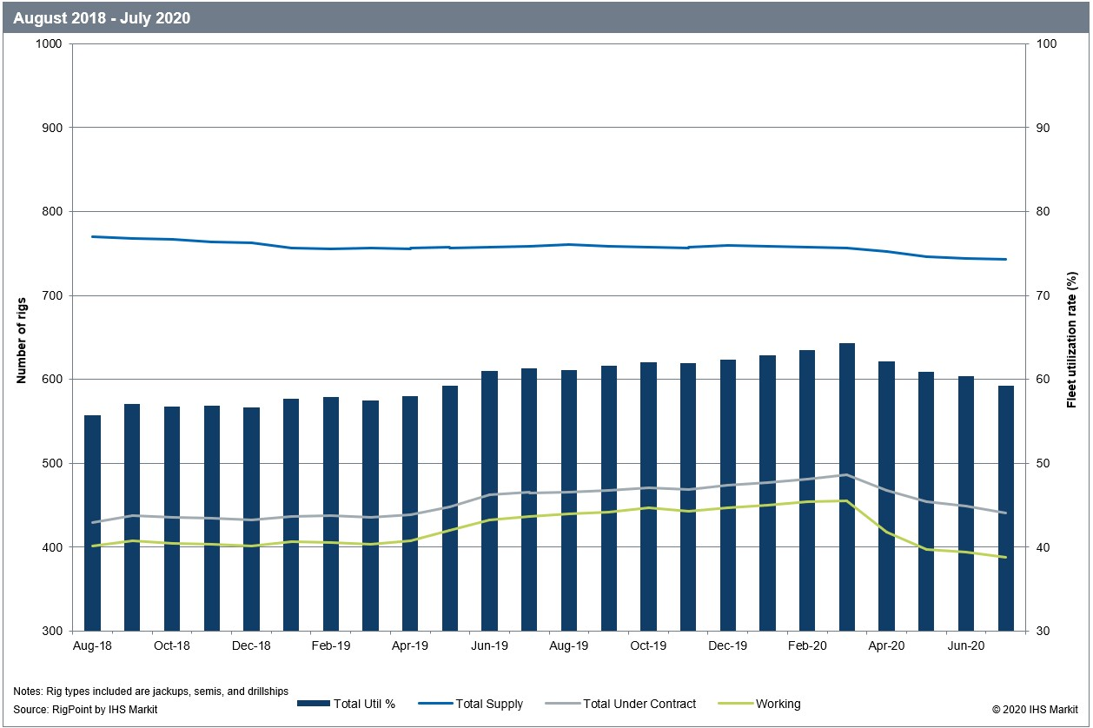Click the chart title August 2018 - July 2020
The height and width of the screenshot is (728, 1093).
coord(103,17)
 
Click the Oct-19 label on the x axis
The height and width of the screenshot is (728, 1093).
coord(648,646)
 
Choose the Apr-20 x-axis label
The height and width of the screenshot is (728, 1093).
coord(886,646)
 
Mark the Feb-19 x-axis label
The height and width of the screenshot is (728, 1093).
coord(331,646)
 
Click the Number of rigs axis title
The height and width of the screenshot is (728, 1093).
coord(22,338)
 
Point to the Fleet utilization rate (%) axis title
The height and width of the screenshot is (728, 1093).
coord(1072,338)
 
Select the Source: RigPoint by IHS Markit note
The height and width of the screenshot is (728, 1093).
coord(85,710)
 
